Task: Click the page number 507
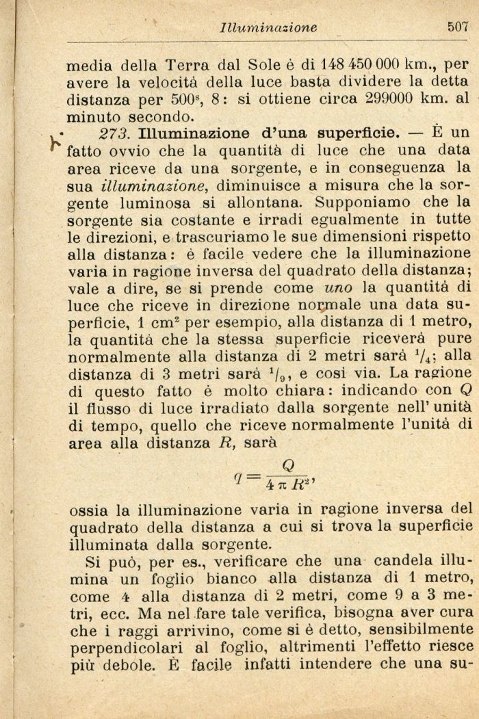point(457,27)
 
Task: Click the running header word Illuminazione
point(268,28)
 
